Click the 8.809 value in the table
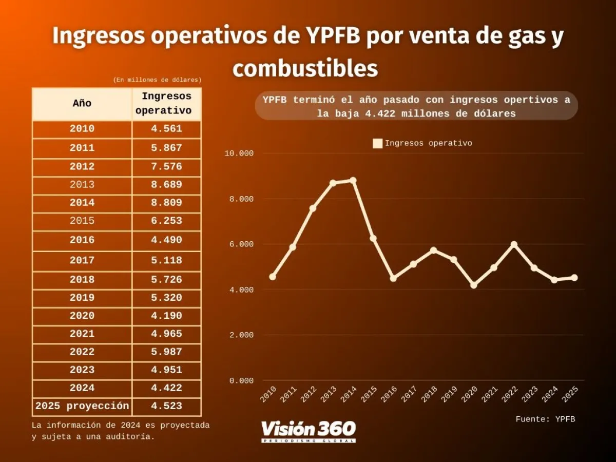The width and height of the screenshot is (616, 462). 166,203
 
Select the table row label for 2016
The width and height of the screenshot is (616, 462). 82,240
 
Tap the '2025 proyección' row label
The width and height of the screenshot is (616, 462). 82,406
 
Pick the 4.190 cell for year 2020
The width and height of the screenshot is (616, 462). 166,316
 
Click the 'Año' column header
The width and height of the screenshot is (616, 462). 82,103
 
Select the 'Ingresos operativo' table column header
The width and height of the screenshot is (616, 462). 166,103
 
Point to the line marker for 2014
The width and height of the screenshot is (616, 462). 353,181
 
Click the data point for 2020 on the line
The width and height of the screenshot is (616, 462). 474,285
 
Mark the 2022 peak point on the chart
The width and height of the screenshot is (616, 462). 514,244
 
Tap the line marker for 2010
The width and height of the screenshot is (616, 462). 273,277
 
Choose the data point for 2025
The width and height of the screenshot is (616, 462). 574,278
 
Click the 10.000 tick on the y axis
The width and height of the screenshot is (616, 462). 239,153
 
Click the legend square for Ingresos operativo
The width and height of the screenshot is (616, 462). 378,144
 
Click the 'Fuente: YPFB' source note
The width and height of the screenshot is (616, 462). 545,419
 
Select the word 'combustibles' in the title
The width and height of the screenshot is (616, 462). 305,69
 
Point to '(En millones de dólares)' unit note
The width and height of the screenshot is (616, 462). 157,80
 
